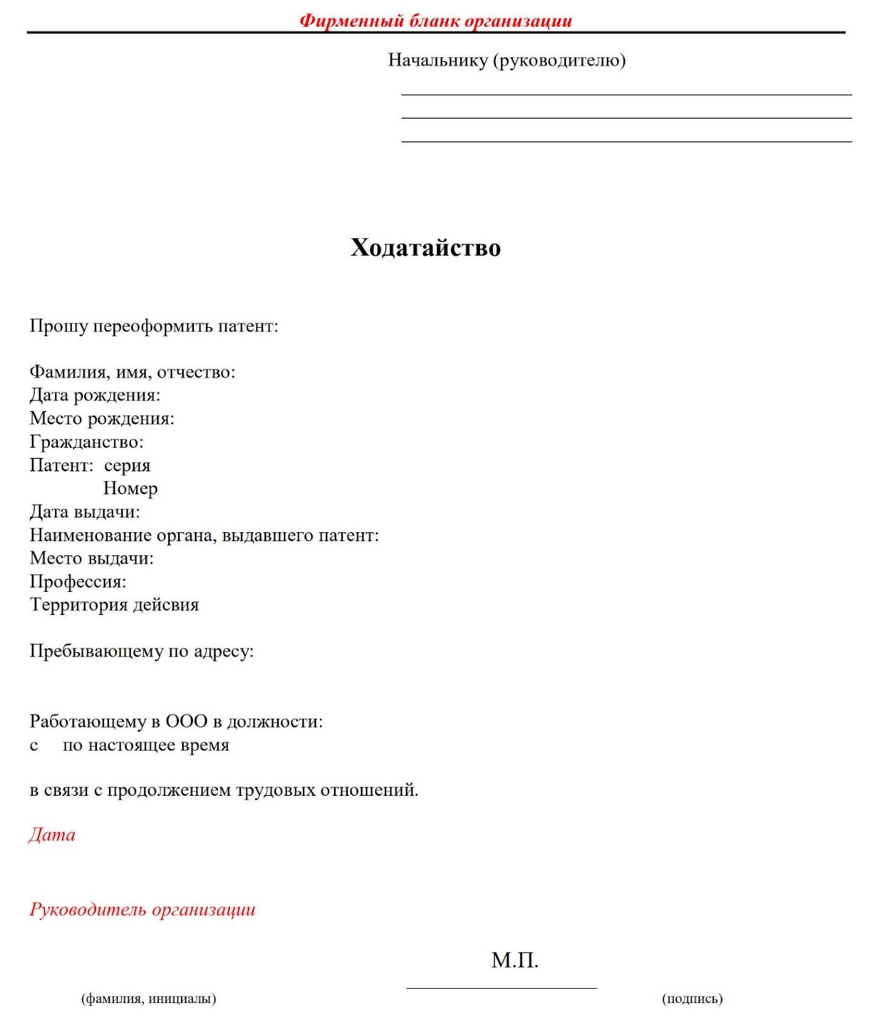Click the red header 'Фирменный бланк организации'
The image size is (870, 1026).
point(436,21)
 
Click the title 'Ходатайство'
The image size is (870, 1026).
point(425,248)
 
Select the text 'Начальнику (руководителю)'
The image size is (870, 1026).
point(507,60)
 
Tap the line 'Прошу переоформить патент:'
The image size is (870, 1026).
point(154,326)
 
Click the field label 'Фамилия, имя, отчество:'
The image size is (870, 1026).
point(132,372)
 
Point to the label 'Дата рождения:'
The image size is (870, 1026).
point(95,395)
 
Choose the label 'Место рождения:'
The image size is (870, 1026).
point(102,419)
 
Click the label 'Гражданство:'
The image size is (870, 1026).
point(87,442)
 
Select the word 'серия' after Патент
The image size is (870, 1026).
point(127,466)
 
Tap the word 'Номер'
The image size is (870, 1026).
point(130,489)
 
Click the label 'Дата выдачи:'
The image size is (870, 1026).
point(85,512)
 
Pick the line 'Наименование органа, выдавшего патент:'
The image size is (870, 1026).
point(204,535)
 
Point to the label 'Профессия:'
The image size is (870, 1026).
point(78,582)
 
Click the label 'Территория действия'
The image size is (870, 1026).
point(114,605)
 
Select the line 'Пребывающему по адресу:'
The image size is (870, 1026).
point(142,652)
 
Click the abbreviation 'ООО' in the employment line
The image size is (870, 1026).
point(186,721)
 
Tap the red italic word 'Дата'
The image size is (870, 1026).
point(52,835)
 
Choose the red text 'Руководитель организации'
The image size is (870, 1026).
point(142,909)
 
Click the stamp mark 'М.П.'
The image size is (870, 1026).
point(515,960)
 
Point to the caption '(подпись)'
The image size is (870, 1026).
point(692,998)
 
